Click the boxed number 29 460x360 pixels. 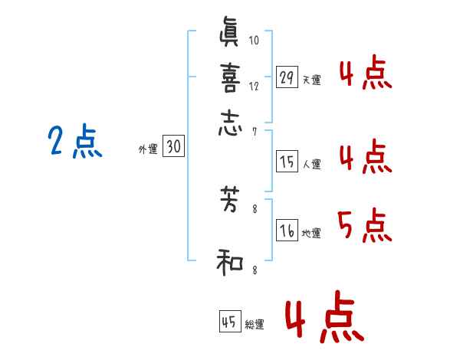(x=287, y=78)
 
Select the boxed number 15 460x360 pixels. (x=287, y=162)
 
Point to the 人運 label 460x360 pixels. (x=311, y=164)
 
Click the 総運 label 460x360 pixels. (x=255, y=325)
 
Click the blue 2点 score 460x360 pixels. (x=75, y=142)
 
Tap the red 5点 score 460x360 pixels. (x=364, y=225)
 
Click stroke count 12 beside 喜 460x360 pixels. (x=255, y=86)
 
